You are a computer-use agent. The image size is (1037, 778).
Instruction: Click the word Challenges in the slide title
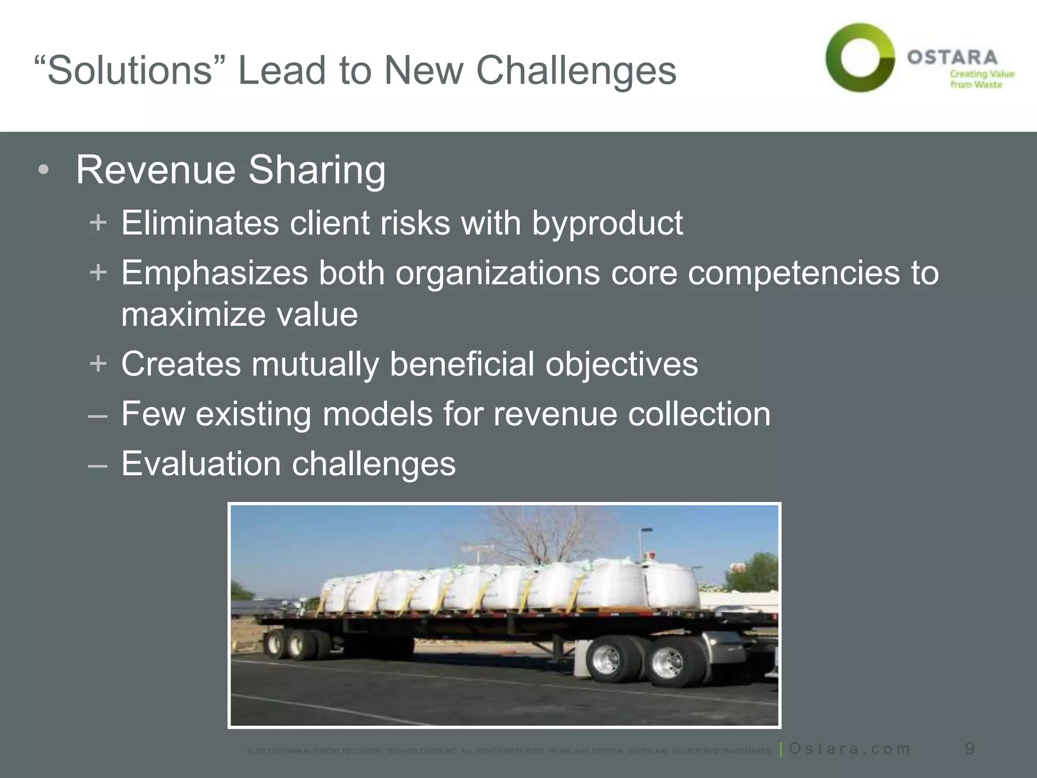click(x=576, y=71)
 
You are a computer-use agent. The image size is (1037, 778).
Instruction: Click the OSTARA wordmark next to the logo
click(x=952, y=57)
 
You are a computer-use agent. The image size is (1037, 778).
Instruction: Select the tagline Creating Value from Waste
click(x=981, y=79)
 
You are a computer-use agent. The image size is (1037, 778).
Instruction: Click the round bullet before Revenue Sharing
click(x=44, y=171)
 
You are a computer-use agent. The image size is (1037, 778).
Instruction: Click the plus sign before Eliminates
click(x=98, y=222)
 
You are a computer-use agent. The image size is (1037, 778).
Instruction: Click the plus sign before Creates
click(x=98, y=363)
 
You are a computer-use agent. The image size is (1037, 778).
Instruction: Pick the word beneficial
click(x=462, y=364)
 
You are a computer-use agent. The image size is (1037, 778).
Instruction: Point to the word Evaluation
click(x=201, y=463)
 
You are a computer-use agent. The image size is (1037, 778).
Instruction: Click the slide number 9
click(x=970, y=748)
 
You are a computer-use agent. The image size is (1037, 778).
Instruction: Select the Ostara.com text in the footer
click(x=850, y=749)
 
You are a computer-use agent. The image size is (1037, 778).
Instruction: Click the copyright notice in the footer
click(x=509, y=751)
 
